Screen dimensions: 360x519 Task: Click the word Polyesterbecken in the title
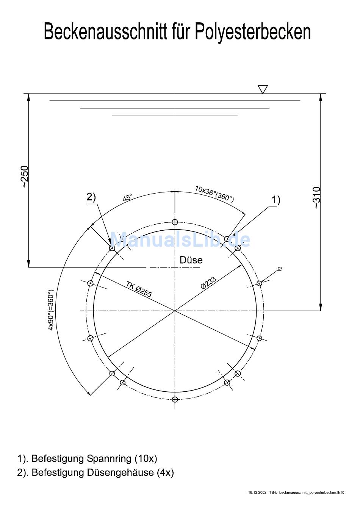253,32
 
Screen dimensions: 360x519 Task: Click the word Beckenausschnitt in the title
105,31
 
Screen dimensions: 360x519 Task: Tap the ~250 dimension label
25,177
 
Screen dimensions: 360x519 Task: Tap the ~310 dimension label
317,198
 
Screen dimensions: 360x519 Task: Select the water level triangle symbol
263,89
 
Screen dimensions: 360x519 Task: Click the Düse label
191,260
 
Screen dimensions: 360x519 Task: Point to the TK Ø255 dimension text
139,289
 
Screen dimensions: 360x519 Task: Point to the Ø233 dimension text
208,283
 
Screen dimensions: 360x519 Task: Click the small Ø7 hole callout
280,268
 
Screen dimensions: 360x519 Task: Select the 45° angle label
127,198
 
